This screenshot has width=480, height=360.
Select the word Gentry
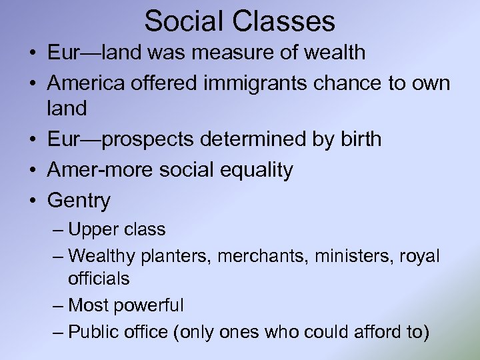[79, 200]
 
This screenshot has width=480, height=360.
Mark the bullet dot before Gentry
[33, 200]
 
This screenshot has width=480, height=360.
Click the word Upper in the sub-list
[93, 230]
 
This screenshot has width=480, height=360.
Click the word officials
[99, 278]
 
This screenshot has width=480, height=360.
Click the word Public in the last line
[93, 331]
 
